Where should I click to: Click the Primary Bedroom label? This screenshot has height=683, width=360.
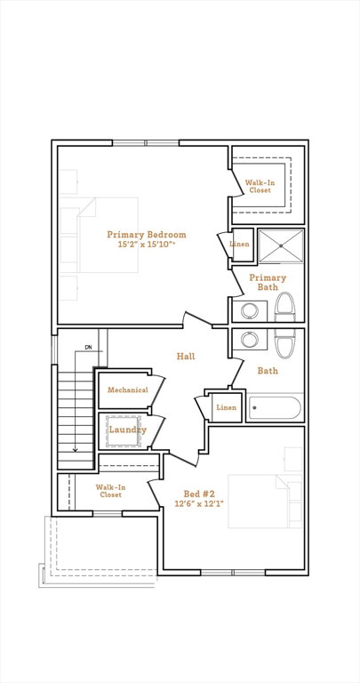coord(147,235)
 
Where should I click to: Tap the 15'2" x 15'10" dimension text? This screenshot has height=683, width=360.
coord(147,245)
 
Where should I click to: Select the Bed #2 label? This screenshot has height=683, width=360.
coord(199,494)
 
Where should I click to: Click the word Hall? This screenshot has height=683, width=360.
coord(186,357)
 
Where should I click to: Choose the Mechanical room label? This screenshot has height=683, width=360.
coord(128,390)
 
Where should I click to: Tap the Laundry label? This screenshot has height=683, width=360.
coord(127,430)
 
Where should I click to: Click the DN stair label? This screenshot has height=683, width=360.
coord(89,347)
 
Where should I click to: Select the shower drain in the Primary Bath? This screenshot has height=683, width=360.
coord(281,246)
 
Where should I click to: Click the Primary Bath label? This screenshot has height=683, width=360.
coord(268,282)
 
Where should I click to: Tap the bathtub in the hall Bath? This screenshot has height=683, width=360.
coord(275,407)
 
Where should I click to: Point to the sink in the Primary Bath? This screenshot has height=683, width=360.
coord(250,311)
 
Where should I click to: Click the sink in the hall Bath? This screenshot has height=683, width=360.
coord(250,340)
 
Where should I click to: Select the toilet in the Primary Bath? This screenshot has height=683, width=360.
coord(285,307)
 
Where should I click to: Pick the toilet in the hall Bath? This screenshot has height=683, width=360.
coord(285,343)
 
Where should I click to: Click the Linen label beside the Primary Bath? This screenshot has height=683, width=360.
coord(239,244)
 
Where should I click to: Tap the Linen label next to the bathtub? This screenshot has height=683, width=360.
coord(227,407)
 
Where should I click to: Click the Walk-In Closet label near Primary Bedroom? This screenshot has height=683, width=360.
coord(260,187)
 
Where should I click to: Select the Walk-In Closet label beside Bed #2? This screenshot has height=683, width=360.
coord(110,491)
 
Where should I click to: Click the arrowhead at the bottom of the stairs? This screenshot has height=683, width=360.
coord(76,449)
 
